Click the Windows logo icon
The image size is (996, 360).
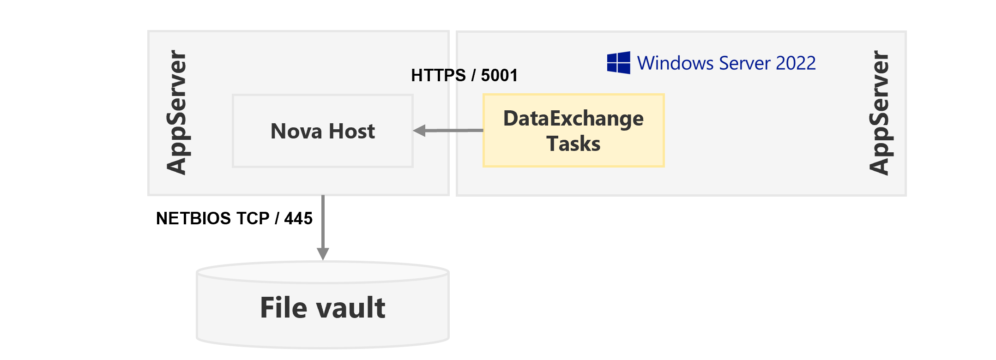pos(619,63)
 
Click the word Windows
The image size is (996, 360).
pos(675,63)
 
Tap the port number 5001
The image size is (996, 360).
pos(499,75)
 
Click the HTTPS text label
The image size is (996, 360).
pos(438,75)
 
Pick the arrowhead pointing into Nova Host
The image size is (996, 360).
pos(419,131)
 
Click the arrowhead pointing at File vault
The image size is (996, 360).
pos(323,254)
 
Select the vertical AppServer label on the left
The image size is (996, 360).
pos(176,112)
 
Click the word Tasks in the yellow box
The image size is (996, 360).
pos(573,144)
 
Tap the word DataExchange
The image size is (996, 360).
pos(573,119)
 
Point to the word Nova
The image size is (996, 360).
pos(296,131)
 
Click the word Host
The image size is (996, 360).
pos(351,131)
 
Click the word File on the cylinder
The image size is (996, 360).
pos(283,308)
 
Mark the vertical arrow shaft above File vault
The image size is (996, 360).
pos(323,222)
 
